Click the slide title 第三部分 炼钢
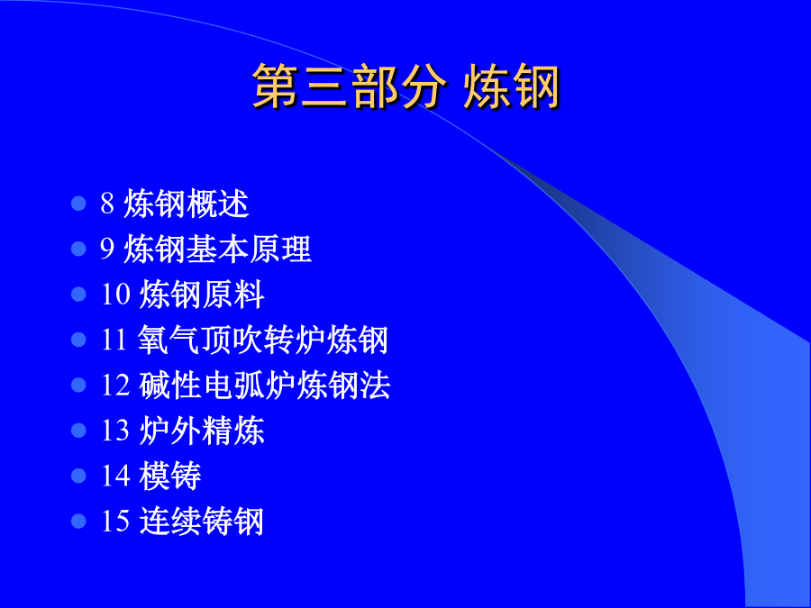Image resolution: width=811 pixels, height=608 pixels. pyautogui.click(x=406, y=86)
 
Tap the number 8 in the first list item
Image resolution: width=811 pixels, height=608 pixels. pyautogui.click(x=107, y=203)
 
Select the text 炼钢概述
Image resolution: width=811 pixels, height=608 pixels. pyautogui.click(x=187, y=204)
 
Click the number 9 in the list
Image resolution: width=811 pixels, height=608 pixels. pyautogui.click(x=107, y=249)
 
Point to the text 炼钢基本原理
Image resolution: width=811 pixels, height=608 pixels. pyautogui.click(x=218, y=249)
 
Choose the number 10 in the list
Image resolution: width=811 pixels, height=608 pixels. pyautogui.click(x=115, y=294)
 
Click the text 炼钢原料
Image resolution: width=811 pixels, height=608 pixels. pyautogui.click(x=202, y=295)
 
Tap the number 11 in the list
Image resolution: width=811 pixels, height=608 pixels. pyautogui.click(x=114, y=340)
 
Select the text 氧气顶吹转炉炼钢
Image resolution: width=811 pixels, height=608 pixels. pyautogui.click(x=263, y=340)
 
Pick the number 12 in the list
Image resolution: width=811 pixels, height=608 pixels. pyautogui.click(x=115, y=385)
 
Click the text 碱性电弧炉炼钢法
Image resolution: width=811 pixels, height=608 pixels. pyautogui.click(x=265, y=386)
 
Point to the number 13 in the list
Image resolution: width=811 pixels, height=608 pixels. pyautogui.click(x=115, y=431)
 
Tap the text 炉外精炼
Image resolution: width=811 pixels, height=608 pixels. pyautogui.click(x=202, y=431)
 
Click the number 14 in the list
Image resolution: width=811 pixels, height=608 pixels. pyautogui.click(x=115, y=476)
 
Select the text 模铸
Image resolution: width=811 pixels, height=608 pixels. pyautogui.click(x=170, y=476)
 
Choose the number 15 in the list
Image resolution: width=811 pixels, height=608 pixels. pyautogui.click(x=115, y=521)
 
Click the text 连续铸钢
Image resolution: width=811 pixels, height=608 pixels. pyautogui.click(x=202, y=522)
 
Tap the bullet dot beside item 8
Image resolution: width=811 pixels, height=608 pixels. pyautogui.click(x=78, y=204)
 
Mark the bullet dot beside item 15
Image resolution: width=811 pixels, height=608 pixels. pyautogui.click(x=78, y=521)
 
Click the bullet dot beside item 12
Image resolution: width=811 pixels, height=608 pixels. pyautogui.click(x=78, y=385)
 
